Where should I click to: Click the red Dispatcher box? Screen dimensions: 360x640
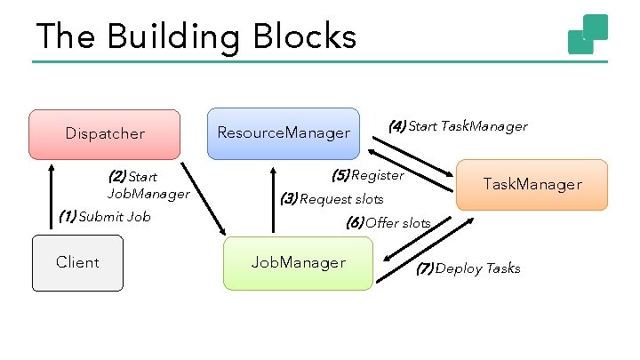[105, 133]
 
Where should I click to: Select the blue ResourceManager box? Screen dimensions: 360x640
[284, 133]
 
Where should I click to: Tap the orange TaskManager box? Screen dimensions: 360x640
[532, 184]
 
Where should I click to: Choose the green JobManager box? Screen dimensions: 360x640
[298, 262]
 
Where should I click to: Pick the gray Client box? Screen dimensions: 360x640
[77, 262]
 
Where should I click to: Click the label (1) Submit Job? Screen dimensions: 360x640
[104, 216]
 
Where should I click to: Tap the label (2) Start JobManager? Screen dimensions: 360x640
[148, 185]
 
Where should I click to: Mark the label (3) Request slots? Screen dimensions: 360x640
[332, 198]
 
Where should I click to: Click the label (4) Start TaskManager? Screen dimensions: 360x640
[458, 126]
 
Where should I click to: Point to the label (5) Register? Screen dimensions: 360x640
[367, 174]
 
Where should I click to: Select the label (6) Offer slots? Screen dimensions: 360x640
[388, 223]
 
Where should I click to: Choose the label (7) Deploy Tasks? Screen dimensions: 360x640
[468, 268]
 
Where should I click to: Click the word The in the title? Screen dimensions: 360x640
[67, 37]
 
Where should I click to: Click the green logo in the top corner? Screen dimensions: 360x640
[588, 34]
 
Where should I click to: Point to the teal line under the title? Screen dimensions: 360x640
[320, 61]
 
